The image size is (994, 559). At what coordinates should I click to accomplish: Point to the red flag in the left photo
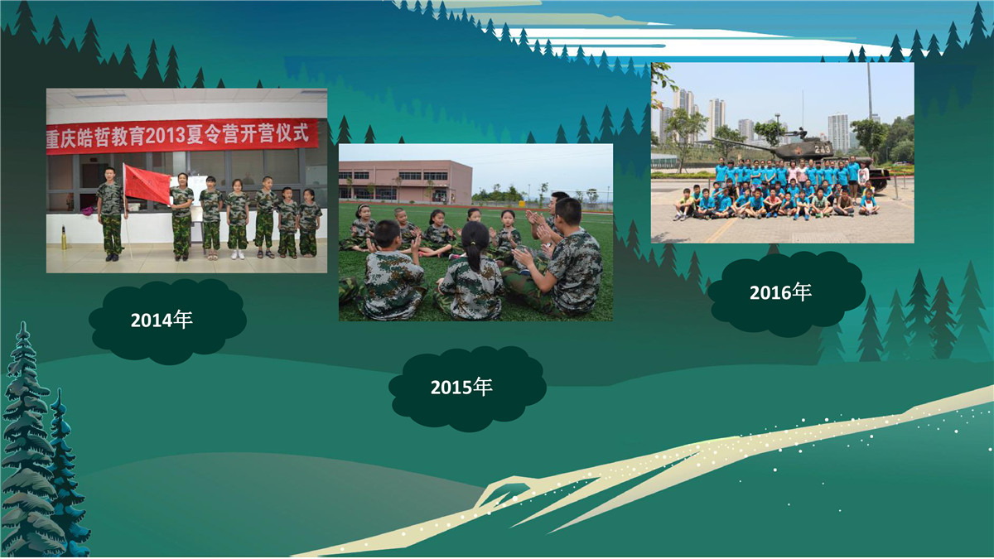147,184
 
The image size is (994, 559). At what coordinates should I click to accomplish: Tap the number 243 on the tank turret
823,149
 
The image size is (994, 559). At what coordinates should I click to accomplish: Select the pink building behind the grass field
405,181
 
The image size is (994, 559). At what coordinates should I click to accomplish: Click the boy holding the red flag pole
111,214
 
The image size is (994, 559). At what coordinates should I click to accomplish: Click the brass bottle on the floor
64,237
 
